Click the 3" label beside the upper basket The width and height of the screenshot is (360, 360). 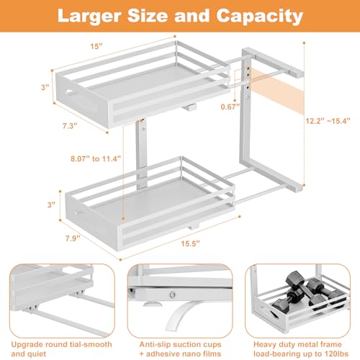(x=45, y=87)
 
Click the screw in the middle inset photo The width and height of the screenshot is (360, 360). (x=173, y=295)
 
